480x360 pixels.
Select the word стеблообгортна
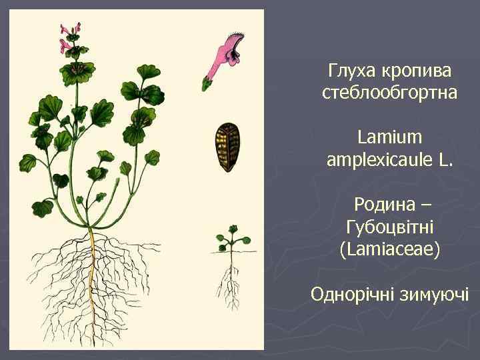click(x=389, y=93)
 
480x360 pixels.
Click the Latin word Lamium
click(x=389, y=137)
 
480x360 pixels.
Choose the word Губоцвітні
click(x=389, y=227)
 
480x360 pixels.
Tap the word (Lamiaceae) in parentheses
click(x=389, y=249)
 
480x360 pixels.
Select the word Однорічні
click(x=352, y=294)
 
